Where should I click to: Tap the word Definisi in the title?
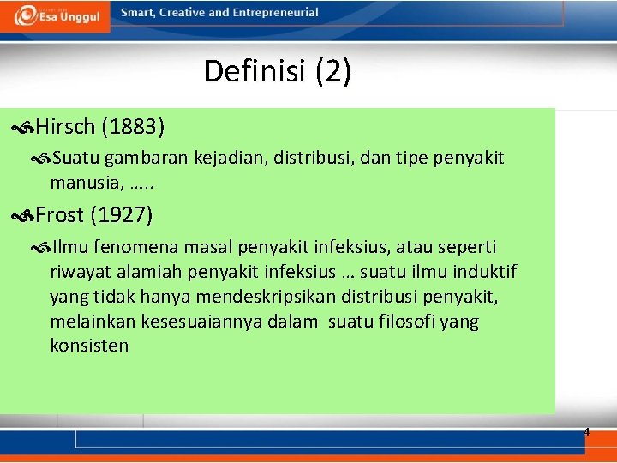click(x=256, y=71)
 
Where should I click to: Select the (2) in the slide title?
click(x=332, y=71)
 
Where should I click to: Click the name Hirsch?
click(x=65, y=128)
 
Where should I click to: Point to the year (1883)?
click(x=133, y=128)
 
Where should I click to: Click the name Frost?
click(x=59, y=214)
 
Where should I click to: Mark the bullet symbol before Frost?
click(x=23, y=215)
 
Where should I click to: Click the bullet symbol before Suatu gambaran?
click(x=41, y=159)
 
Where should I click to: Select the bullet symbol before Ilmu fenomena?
click(x=41, y=248)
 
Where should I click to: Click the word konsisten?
click(x=89, y=346)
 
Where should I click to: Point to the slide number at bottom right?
click(x=587, y=432)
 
